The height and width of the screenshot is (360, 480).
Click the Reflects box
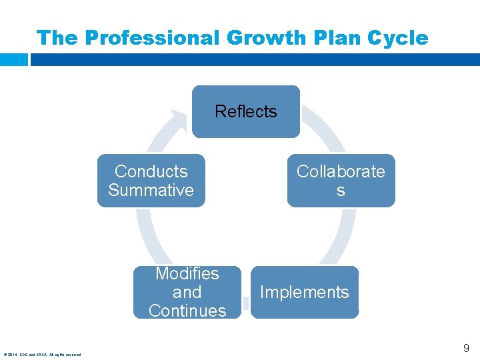click(245, 111)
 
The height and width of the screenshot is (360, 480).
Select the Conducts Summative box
click(151, 181)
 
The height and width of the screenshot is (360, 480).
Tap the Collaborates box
click(341, 181)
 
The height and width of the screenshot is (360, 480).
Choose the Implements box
click(304, 292)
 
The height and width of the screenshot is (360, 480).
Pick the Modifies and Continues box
click(187, 292)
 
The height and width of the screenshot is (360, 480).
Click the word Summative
click(151, 190)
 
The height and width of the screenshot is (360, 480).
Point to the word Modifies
click(187, 273)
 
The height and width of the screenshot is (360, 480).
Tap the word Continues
click(187, 311)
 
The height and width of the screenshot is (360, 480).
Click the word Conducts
click(151, 171)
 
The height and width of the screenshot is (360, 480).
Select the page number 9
click(466, 347)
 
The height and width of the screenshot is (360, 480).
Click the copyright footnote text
click(42, 355)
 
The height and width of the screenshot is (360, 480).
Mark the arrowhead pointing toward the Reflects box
click(179, 118)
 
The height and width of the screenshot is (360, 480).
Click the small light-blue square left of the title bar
click(13, 59)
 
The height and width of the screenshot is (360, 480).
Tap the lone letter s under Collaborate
click(341, 191)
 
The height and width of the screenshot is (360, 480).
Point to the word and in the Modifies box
click(187, 292)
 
